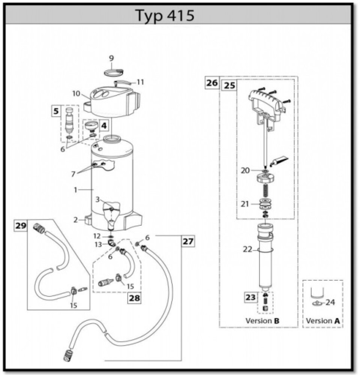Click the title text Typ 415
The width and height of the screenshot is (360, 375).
165,16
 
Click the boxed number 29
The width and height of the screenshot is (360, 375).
21,226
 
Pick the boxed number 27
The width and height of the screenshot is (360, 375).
188,241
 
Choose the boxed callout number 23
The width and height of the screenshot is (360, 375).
250,297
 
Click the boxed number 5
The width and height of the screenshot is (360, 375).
56,111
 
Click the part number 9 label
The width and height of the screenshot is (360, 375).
111,58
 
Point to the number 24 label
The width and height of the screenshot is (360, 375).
330,302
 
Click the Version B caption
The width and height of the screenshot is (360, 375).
262,321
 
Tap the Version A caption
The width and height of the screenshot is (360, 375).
323,321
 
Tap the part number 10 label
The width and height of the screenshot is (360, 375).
76,93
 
